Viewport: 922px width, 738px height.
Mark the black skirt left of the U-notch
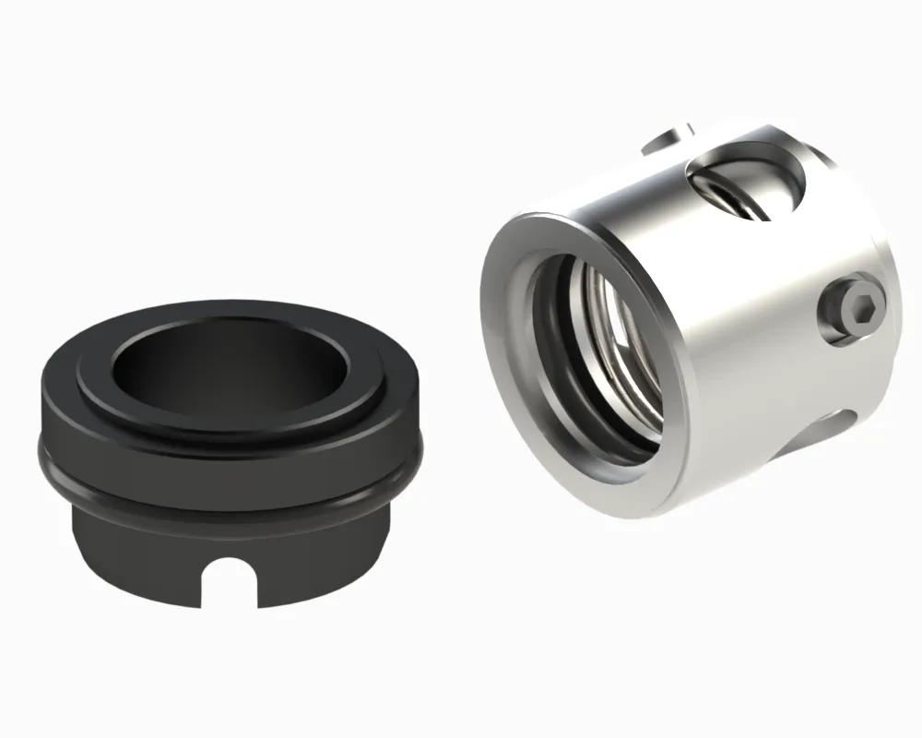[138, 544]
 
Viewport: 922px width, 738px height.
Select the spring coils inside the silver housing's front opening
[613, 351]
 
